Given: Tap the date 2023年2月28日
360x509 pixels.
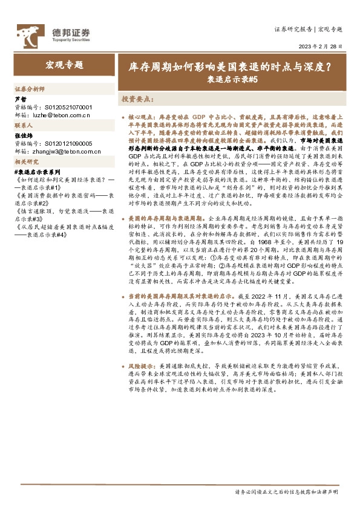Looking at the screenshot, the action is pos(321,47).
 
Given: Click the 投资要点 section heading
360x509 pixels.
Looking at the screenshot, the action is pos(136,97).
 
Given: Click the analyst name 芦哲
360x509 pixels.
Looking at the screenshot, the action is pos(20,99).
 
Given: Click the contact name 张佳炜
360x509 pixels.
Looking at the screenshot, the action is pos(23,136).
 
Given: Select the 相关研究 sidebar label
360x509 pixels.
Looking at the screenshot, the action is pos(27,161).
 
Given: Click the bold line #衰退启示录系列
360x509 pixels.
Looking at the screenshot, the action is pos(34,172).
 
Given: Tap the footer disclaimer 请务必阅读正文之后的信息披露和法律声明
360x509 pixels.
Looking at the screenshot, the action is pos(286,493).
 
